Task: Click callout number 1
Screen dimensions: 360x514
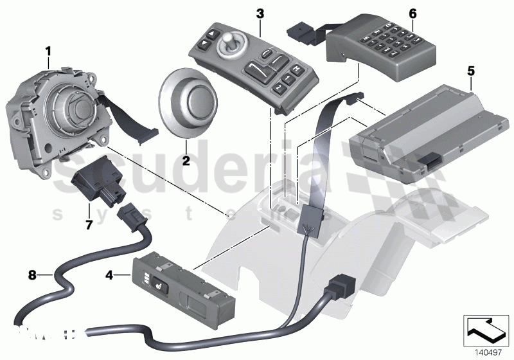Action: tap(48, 50)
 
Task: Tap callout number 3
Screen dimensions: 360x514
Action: tap(260, 14)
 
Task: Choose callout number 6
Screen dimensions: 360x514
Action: tap(412, 14)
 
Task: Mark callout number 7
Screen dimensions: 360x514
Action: tap(89, 225)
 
